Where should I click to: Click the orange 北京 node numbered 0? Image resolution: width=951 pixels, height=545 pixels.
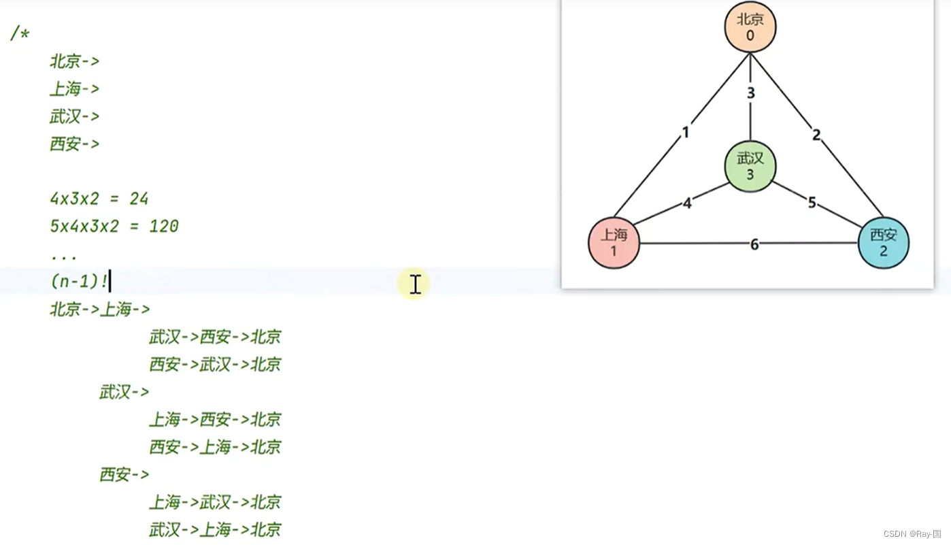750,27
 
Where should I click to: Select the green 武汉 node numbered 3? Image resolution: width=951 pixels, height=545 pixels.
750,167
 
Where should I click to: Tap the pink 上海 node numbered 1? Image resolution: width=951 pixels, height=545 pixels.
614,243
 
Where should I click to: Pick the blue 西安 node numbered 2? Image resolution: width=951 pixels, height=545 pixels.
883,243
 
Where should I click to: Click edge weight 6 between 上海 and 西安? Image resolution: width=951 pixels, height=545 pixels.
754,244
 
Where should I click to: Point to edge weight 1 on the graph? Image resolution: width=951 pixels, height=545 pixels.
686,132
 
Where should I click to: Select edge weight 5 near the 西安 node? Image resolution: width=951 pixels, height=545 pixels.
812,203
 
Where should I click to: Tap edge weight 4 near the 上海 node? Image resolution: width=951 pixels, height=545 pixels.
687,203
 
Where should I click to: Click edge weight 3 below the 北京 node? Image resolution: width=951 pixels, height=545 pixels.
750,93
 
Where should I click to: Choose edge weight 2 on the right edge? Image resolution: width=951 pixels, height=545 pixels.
816,135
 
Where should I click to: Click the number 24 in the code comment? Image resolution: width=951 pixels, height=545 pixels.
139,199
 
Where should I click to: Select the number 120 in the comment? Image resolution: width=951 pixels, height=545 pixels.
163,226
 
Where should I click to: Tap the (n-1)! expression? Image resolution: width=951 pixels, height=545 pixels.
79,281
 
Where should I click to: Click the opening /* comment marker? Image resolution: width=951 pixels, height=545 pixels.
20,33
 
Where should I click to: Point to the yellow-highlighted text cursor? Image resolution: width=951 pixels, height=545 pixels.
415,284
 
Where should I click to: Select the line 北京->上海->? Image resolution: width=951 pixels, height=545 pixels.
100,309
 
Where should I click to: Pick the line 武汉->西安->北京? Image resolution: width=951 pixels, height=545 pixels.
215,337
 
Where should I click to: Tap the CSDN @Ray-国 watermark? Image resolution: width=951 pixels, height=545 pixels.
912,534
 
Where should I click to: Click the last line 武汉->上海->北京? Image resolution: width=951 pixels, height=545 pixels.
215,529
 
